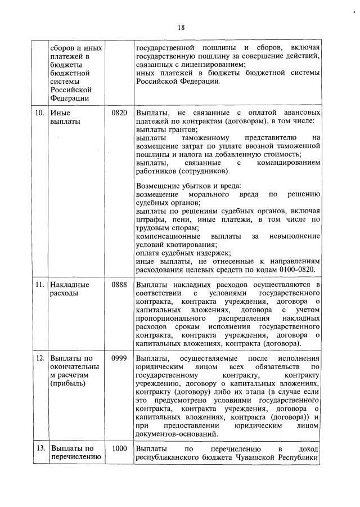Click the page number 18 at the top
[181, 27]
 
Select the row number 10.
[40, 113]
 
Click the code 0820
[119, 113]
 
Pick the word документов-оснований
[179, 434]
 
